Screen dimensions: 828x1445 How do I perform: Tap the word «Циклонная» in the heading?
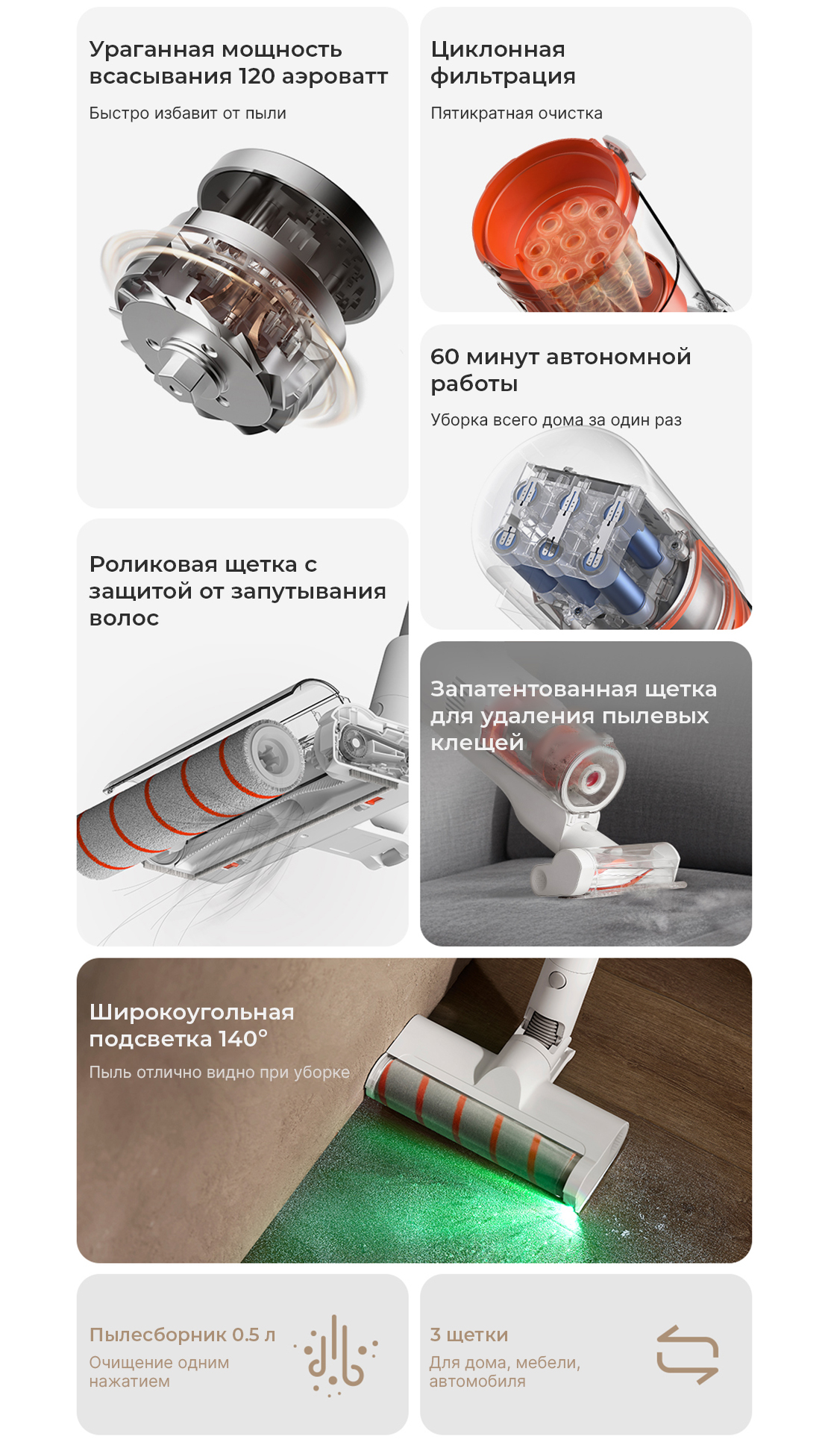(498, 49)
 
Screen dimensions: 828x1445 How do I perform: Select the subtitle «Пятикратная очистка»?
(516, 113)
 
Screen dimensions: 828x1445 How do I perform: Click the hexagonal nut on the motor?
(179, 368)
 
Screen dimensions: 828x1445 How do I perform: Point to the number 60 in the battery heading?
(445, 357)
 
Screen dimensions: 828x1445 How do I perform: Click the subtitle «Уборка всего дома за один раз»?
(556, 420)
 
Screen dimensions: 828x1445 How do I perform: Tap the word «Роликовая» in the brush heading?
(145, 564)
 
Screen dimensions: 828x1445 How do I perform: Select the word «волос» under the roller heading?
(124, 618)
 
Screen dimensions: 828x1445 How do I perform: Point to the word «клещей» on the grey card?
(477, 743)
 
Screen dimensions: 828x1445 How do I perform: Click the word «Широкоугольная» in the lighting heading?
(192, 1012)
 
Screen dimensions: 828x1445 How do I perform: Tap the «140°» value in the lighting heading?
(242, 1039)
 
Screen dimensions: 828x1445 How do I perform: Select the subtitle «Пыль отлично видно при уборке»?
(219, 1073)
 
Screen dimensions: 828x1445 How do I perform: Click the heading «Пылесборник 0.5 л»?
(182, 1335)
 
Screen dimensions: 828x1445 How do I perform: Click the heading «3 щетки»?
(468, 1335)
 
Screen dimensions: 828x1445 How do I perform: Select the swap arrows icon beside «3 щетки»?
(687, 1355)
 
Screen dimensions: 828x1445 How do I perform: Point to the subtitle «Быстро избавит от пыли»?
(187, 113)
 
